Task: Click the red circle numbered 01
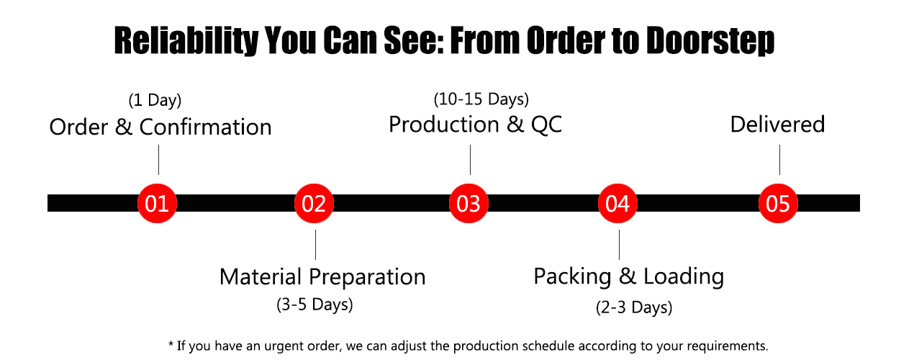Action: [x=157, y=204]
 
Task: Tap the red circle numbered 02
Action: [x=315, y=204]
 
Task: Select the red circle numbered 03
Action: [x=469, y=204]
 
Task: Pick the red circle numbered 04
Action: [x=618, y=204]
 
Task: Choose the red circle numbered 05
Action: [x=779, y=204]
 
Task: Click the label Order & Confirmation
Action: [x=160, y=127]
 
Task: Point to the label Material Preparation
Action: [x=322, y=277]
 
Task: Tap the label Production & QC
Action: [x=475, y=125]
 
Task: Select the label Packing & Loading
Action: [x=628, y=276]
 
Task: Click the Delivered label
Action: [x=777, y=125]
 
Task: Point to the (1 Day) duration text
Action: [x=154, y=100]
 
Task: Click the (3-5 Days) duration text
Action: [x=315, y=305]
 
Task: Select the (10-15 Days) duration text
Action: [x=481, y=98]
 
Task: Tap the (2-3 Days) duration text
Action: [x=634, y=307]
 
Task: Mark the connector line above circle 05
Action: [x=779, y=160]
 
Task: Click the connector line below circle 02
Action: [x=315, y=244]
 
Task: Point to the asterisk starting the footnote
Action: [x=171, y=345]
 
